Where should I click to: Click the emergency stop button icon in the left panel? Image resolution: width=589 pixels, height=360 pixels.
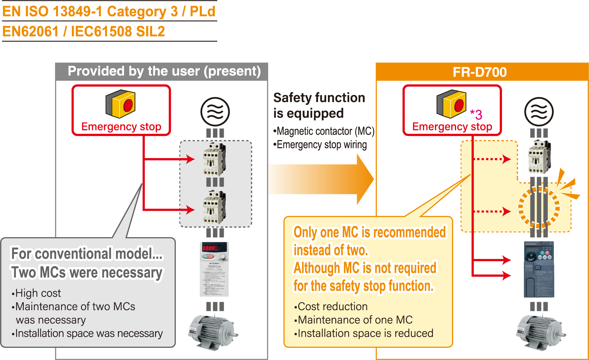click(120, 104)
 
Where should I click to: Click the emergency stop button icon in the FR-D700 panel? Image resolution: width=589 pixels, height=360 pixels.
click(451, 104)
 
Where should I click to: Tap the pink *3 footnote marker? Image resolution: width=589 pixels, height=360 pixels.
click(476, 114)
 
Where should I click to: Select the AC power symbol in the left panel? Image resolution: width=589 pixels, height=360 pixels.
click(215, 112)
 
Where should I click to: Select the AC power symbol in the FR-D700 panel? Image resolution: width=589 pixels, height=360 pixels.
click(539, 112)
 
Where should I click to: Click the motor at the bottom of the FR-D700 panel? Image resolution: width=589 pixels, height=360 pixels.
click(540, 332)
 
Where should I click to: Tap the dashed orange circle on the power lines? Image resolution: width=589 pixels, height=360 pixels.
click(539, 207)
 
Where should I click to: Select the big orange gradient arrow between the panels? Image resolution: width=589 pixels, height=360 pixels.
click(323, 179)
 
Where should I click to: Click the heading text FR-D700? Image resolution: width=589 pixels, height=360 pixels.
click(479, 72)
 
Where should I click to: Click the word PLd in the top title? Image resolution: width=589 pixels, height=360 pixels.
click(202, 11)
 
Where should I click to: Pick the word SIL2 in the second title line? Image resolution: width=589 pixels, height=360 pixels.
click(150, 31)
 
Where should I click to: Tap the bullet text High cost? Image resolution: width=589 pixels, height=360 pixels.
click(38, 293)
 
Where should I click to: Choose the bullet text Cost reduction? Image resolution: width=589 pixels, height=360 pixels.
click(333, 306)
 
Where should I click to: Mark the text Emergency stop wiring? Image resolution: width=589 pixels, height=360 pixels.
click(322, 145)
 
